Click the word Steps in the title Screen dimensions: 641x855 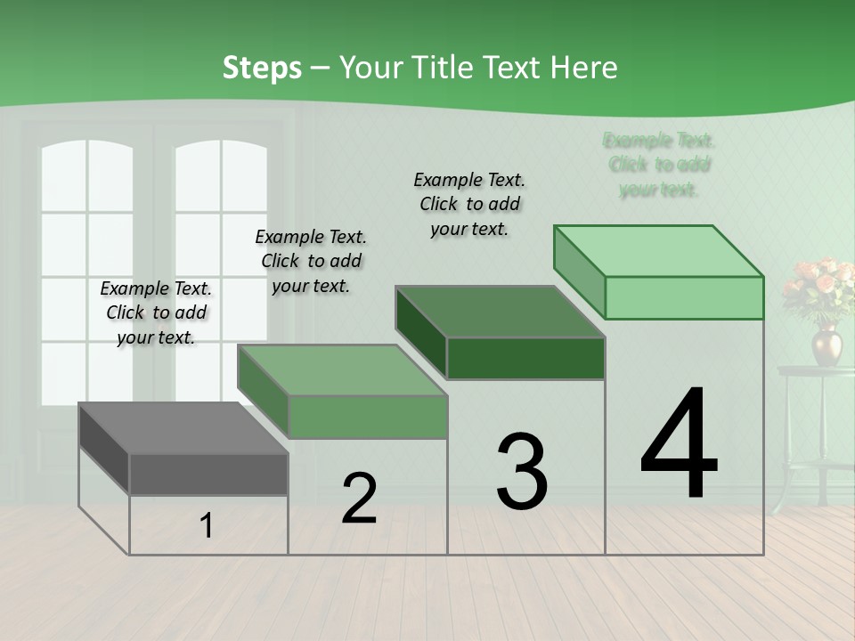coord(262,68)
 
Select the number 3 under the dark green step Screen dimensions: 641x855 coord(521,471)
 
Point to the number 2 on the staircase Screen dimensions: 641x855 coord(359,499)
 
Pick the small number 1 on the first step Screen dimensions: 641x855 coord(207,526)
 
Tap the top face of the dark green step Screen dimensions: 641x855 coord(500,312)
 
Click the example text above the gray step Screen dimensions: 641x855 coord(156,312)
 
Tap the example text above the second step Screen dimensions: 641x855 coord(311,261)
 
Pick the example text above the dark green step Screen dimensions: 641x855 coord(469,204)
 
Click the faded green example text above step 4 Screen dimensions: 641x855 coord(659,165)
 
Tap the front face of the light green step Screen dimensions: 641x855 coord(684,297)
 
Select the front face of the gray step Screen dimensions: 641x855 coord(208,474)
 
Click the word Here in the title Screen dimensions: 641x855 coord(587,68)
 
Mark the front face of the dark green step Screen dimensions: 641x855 coord(525,359)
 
